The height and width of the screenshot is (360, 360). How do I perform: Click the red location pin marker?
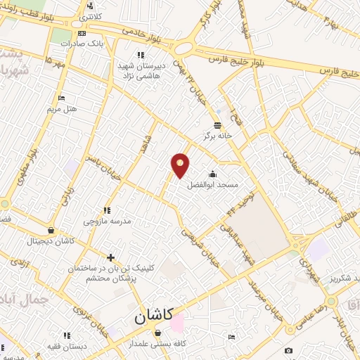point(181,165)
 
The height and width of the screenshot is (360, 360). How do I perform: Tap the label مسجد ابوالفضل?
point(212,186)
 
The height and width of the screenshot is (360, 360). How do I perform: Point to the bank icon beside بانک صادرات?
point(82,33)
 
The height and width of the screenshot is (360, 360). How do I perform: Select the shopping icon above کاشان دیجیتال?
point(51,230)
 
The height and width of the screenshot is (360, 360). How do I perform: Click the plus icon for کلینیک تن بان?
point(110,257)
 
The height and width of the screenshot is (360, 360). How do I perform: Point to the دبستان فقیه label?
point(67,347)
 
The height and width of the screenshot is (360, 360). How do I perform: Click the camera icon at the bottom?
point(288,351)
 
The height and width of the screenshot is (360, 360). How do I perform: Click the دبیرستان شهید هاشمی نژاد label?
point(141,68)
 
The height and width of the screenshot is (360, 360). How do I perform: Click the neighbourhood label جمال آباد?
point(25,299)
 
